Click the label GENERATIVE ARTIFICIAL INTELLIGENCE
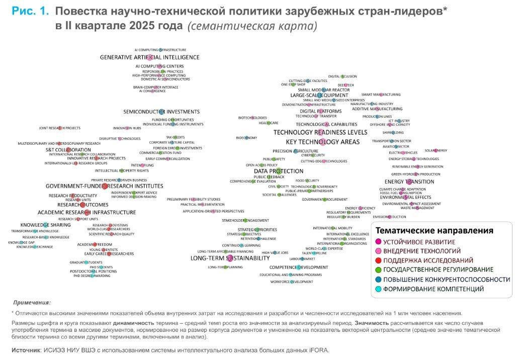tap(149, 57)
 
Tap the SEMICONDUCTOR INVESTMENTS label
tap(161, 112)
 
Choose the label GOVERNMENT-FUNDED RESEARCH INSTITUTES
tap(105, 186)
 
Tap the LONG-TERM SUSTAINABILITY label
tap(230, 258)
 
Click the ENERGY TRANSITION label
tap(409, 182)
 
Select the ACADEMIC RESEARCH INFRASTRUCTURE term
tap(87, 212)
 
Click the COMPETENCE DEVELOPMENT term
tap(299, 267)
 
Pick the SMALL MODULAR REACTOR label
tap(323, 89)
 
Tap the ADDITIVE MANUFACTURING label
tap(377, 109)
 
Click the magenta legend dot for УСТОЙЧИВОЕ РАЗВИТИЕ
tap(378, 242)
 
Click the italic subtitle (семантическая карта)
tap(252, 26)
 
